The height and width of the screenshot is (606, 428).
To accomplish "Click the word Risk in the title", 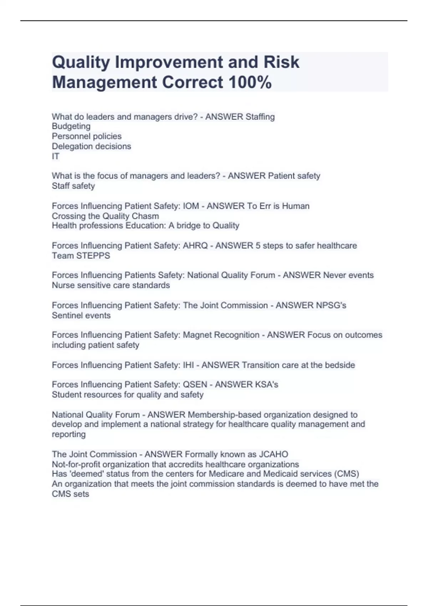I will (x=281, y=62).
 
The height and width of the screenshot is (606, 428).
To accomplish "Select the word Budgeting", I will (x=71, y=126).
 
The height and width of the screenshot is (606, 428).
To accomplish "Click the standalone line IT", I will (x=56, y=156).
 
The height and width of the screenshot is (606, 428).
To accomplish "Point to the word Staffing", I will (x=260, y=117).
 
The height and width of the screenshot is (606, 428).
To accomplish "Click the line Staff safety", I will (x=73, y=186).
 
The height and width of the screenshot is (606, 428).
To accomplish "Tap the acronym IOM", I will (x=191, y=206).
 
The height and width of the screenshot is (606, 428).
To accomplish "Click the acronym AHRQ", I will (x=195, y=246).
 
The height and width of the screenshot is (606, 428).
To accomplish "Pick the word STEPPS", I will (x=93, y=256).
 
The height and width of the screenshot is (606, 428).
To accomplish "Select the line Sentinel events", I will (x=81, y=315).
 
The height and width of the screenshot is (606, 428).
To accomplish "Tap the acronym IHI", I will (x=188, y=365).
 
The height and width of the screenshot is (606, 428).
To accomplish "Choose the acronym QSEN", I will (x=195, y=385).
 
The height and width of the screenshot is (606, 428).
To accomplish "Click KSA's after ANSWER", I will (x=266, y=385).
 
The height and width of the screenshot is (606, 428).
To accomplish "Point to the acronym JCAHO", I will (x=273, y=454).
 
